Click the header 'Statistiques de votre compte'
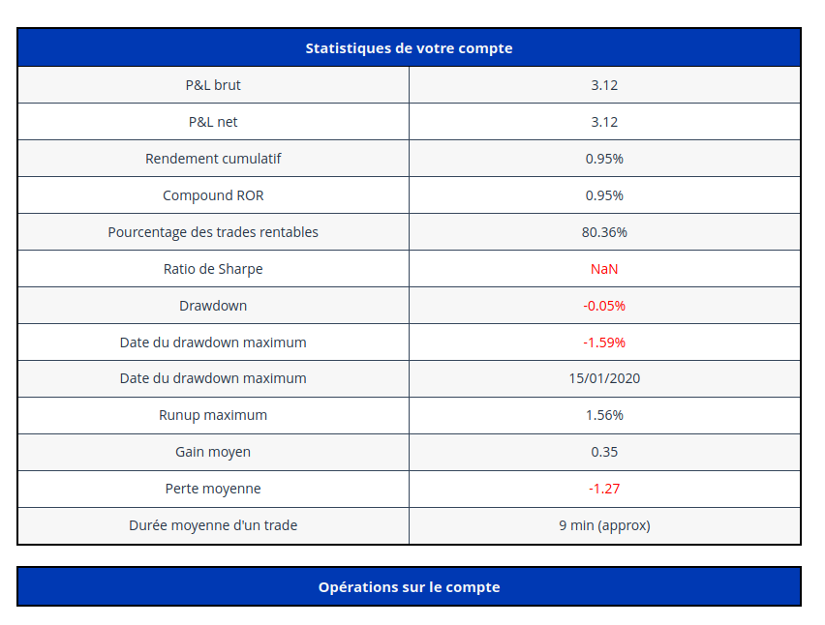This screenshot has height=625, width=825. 409,47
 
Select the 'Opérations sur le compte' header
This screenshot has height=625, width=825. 409,587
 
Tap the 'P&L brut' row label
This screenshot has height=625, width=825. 213,85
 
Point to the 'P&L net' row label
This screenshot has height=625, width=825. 213,122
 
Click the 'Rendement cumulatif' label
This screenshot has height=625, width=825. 213,159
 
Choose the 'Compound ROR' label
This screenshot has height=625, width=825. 213,195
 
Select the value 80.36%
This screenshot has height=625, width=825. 604,232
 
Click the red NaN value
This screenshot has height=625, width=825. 604,269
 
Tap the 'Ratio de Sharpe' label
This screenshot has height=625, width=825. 213,269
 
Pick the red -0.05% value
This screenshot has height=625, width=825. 604,306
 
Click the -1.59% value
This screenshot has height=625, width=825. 604,342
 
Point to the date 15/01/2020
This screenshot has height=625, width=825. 604,378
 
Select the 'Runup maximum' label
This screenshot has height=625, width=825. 213,415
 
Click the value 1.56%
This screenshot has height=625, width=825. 604,415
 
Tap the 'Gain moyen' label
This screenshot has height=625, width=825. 213,452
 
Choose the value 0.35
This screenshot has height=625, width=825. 604,452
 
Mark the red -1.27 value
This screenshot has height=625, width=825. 604,489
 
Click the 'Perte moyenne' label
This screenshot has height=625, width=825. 213,489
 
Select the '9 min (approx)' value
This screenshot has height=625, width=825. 604,525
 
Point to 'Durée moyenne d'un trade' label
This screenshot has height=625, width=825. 213,525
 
